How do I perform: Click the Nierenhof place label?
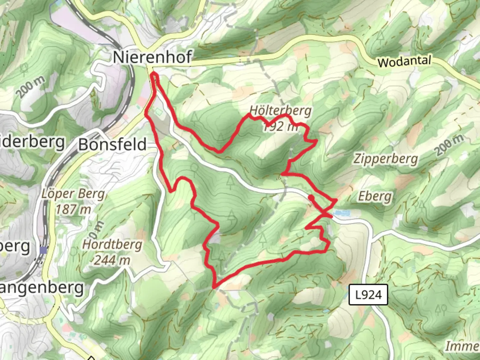[x=152, y=57]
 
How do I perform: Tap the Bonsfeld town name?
[x=112, y=145]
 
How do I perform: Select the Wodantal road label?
[x=404, y=62]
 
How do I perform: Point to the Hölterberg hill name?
[x=280, y=110]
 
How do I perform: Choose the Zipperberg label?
[x=385, y=159]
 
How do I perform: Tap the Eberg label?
[x=375, y=196]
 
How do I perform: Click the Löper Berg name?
[x=73, y=194]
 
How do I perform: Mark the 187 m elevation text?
[x=73, y=210]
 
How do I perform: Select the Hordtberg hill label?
[x=112, y=245]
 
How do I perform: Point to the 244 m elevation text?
[x=112, y=260]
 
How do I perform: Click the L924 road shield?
[x=368, y=295]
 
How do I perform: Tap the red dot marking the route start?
[x=311, y=198]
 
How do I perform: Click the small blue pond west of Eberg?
[x=341, y=212]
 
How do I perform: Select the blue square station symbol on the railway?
[x=43, y=250]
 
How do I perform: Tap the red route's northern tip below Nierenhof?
[x=154, y=74]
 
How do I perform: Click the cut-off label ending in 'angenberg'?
[x=41, y=287]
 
